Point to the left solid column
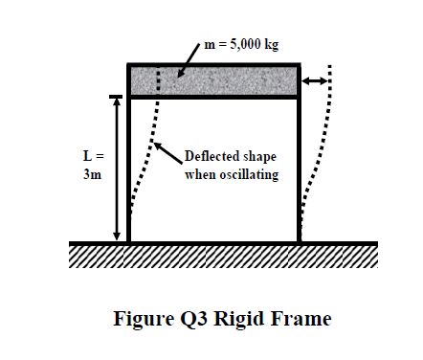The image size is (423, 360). [x=129, y=172]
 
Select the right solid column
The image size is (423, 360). [x=299, y=172]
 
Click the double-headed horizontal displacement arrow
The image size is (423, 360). [x=315, y=82]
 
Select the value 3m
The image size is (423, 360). [x=90, y=175]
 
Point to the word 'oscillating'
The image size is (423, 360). [x=246, y=175]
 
